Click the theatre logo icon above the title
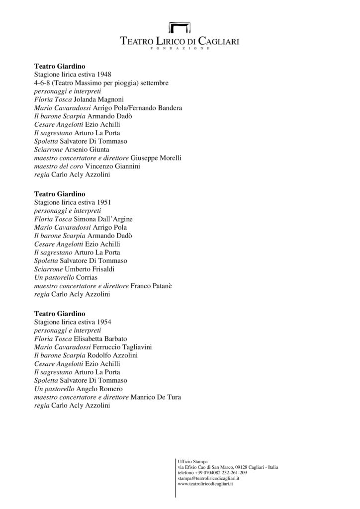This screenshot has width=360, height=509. pyautogui.click(x=180, y=28)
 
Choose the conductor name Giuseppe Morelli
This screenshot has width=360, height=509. pyautogui.click(x=156, y=158)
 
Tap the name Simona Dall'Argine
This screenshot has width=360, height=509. pyautogui.click(x=107, y=219)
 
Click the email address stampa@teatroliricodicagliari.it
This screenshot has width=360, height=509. pyautogui.click(x=208, y=478)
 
